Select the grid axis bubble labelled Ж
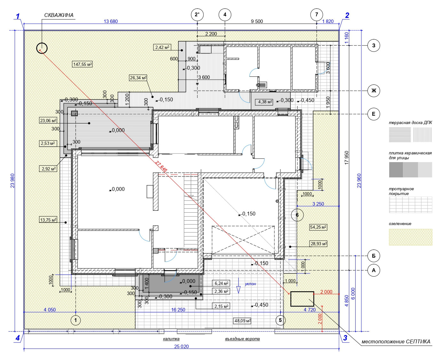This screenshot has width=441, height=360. point(374,91)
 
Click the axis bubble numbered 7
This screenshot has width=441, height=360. point(316,14)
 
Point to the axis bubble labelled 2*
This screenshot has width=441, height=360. point(197,14)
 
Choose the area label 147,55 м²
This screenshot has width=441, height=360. point(83,64)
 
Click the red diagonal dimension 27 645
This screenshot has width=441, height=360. point(161,166)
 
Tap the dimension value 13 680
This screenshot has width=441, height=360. point(111,21)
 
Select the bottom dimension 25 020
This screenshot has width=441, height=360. point(181,346)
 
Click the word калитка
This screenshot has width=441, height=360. point(171,339)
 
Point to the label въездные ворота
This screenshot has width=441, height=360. point(242,339)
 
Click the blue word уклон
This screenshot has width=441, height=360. point(250,284)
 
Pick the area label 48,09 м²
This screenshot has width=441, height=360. point(242,321)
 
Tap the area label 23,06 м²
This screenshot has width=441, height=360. point(48,121)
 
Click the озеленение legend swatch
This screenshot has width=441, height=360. point(410,237)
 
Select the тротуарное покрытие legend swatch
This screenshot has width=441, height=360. point(410,205)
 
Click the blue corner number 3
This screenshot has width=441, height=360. point(345,338)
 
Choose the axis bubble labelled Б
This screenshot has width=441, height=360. point(374,256)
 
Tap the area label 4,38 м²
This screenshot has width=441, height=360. point(265,102)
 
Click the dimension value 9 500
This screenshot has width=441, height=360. point(257,21)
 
